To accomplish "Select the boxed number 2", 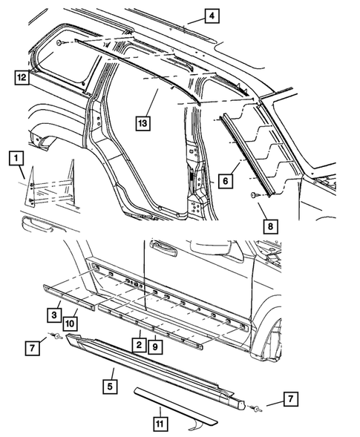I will click(138, 344).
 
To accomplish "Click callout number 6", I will click(224, 180).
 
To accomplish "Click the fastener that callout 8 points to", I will click(255, 194).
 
